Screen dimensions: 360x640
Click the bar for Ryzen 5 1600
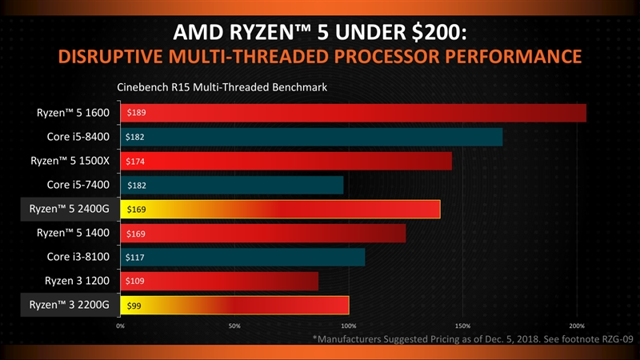353,114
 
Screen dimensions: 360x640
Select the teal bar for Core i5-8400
311,138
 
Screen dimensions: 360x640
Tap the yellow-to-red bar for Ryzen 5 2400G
280,210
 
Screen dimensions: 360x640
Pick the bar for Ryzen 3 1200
219,282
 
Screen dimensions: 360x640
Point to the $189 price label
136,114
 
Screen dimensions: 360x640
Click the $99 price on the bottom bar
134,306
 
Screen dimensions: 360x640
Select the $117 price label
135,258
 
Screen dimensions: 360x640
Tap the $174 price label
136,162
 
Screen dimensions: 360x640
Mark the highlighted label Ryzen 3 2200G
69,306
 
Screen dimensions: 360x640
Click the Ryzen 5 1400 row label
72,234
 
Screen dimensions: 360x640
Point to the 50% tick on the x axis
234,326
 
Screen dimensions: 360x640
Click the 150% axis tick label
462,326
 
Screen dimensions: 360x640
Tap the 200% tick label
577,326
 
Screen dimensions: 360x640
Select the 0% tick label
120,326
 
